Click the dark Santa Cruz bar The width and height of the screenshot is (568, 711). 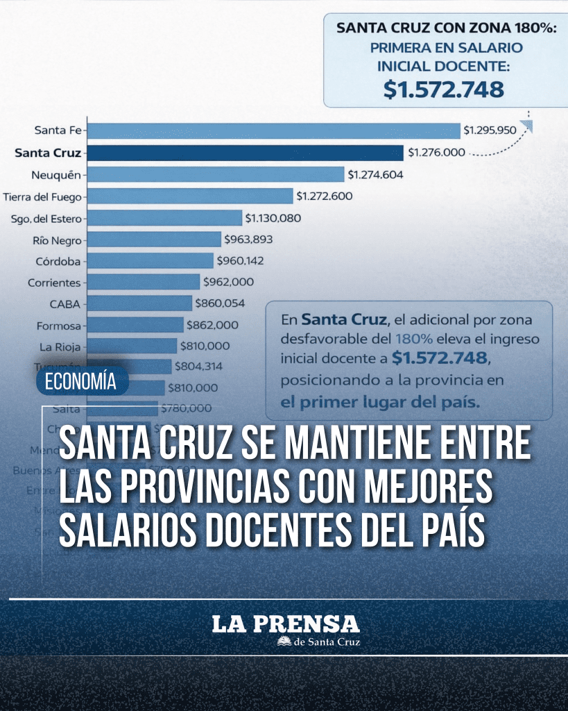pyautogui.click(x=246, y=153)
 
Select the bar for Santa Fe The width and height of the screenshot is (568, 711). pyautogui.click(x=275, y=131)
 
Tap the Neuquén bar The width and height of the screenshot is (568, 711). pyautogui.click(x=216, y=174)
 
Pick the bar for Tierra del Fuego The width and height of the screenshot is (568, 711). pyautogui.click(x=191, y=196)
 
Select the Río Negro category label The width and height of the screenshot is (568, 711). pyautogui.click(x=57, y=240)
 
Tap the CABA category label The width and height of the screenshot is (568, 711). pyautogui.click(x=65, y=304)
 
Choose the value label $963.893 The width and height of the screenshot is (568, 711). pyautogui.click(x=248, y=240)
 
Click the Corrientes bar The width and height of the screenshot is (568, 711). pyautogui.click(x=144, y=283)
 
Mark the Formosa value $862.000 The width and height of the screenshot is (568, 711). pyautogui.click(x=212, y=325)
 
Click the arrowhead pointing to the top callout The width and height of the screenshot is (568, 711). pyautogui.click(x=527, y=126)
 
